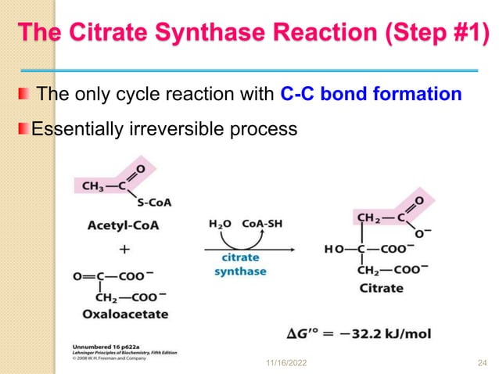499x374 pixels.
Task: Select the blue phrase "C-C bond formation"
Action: pyautogui.click(x=370, y=95)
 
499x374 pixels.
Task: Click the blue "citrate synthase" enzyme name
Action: pyautogui.click(x=241, y=264)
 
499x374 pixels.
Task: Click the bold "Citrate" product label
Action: pyautogui.click(x=382, y=288)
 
